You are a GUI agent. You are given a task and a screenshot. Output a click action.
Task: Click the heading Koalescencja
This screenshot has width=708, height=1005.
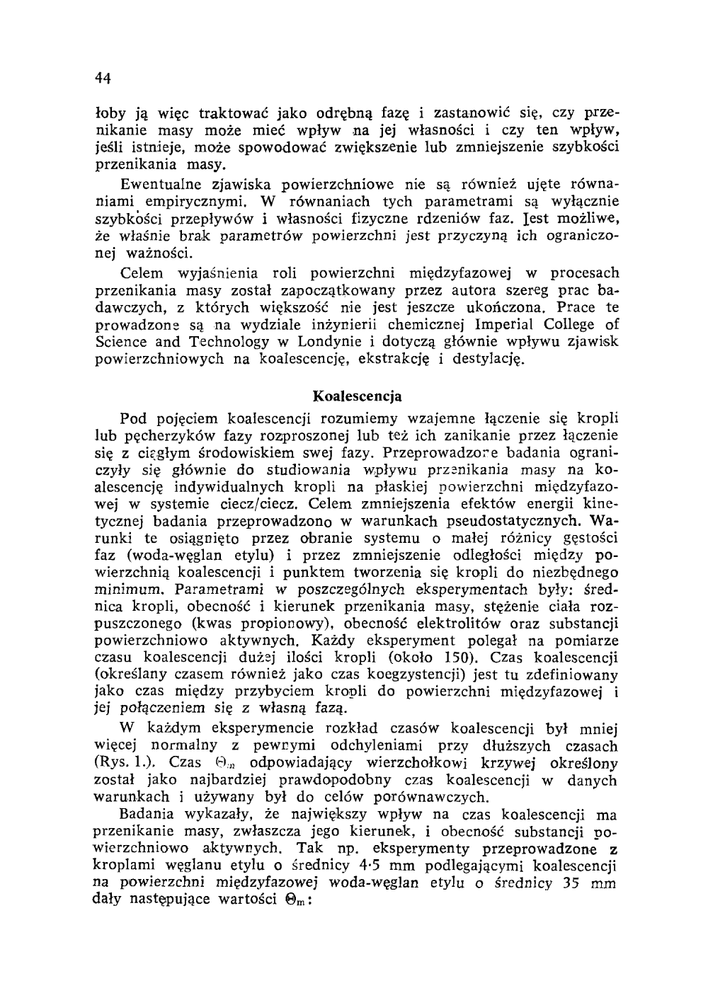[x=357, y=394]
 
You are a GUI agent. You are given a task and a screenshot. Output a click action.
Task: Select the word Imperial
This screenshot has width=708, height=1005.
[x=510, y=325]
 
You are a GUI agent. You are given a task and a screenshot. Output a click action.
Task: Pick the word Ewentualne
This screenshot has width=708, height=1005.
[x=158, y=186]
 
